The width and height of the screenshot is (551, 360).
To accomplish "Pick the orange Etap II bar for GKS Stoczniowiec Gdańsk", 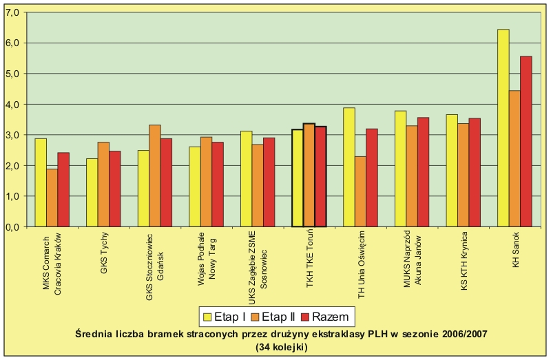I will [154, 176].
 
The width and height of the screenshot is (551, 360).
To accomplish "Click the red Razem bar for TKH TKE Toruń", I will [320, 176].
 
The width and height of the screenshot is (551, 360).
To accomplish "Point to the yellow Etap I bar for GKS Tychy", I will [92, 193].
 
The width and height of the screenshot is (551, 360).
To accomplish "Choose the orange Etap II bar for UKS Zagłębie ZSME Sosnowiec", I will [258, 185].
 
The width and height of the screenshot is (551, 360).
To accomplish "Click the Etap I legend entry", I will [226, 317].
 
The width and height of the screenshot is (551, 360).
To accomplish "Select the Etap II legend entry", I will [276, 317].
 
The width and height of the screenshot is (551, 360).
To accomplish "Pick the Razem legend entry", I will [327, 317].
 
